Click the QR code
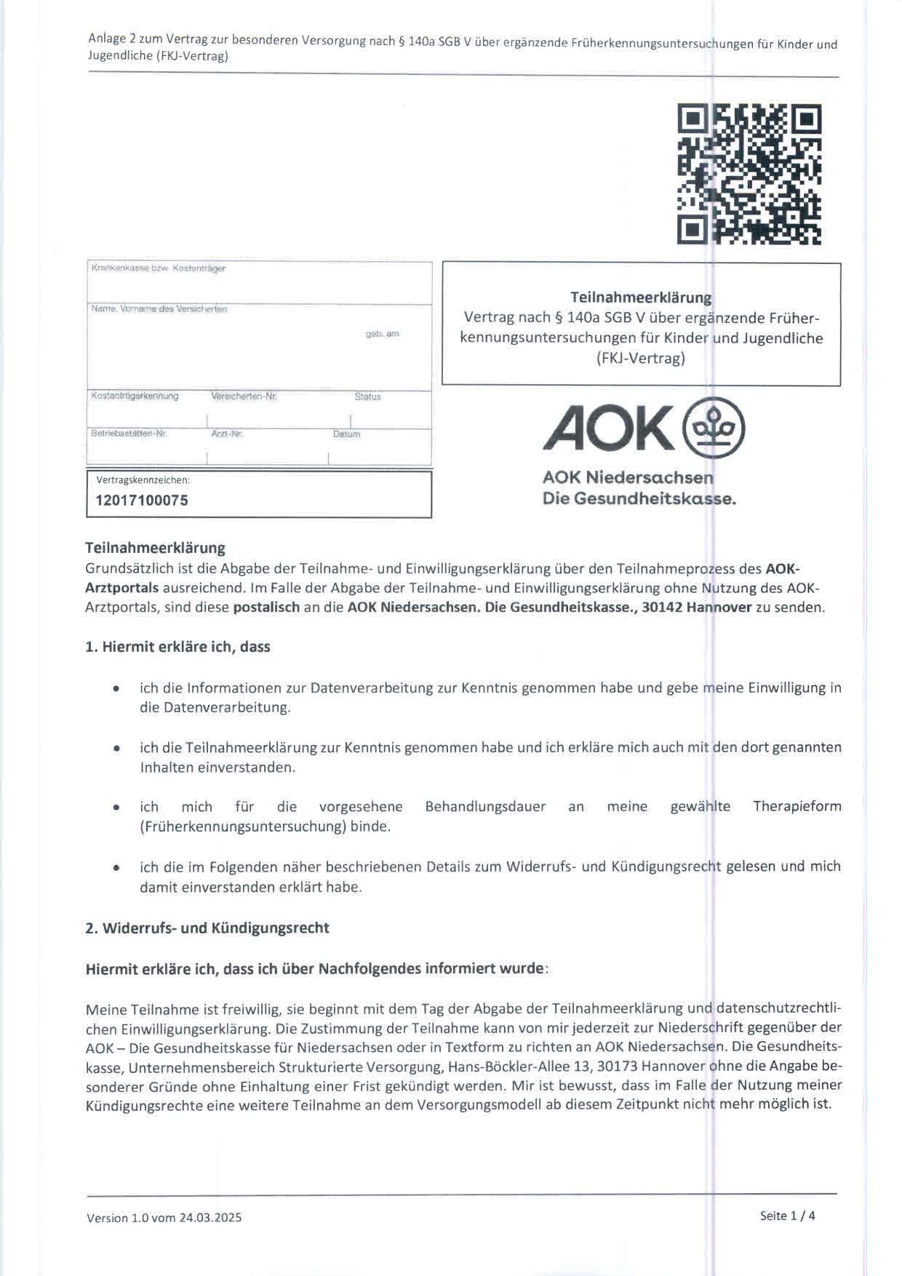tap(749, 174)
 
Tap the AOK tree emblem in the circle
tap(714, 427)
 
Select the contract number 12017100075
tap(142, 501)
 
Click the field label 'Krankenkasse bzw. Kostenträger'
tap(159, 268)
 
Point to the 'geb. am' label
tap(382, 334)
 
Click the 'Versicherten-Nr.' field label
tap(244, 396)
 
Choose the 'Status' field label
tap(367, 396)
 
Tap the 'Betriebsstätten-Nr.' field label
tap(129, 434)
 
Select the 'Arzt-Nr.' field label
tap(226, 434)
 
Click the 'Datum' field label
tap(346, 434)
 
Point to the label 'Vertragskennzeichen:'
tap(143, 480)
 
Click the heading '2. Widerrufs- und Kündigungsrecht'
tap(207, 928)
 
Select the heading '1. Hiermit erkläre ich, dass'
tap(177, 647)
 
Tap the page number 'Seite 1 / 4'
tap(787, 1216)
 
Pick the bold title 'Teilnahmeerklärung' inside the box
tap(641, 298)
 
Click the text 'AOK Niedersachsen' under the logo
tap(628, 478)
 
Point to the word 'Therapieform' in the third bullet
tap(797, 806)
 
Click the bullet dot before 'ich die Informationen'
tap(116, 688)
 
